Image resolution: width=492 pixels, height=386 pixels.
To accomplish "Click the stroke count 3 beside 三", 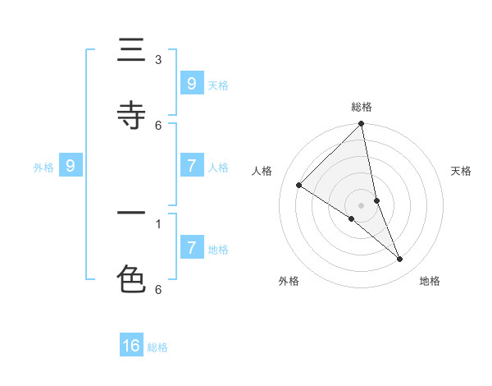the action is [158, 59].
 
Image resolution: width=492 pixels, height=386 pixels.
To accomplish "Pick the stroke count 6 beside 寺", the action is [158, 125].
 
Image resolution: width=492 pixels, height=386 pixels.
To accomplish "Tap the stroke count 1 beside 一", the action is [158, 223].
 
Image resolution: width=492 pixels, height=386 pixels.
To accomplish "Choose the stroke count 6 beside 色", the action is [158, 289].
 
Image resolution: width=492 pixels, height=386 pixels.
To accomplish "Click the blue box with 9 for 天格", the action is [191, 83].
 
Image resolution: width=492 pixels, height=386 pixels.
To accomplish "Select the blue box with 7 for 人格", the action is [191, 166].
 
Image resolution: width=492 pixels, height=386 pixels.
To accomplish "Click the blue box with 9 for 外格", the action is [71, 166].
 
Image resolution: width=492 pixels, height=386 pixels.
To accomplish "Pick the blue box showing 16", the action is [131, 346].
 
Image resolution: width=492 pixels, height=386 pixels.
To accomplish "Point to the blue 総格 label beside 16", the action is [157, 347].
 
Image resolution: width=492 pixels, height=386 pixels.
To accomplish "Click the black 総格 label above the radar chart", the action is [362, 107].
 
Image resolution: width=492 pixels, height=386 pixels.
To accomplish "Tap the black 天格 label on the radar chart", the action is [461, 171].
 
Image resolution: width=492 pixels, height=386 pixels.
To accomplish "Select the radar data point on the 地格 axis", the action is [400, 260].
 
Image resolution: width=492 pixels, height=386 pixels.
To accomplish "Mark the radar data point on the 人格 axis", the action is [299, 186].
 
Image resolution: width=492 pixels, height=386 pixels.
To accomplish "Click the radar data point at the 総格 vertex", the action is [362, 125].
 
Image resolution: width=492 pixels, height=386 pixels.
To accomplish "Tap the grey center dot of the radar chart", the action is [362, 204].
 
